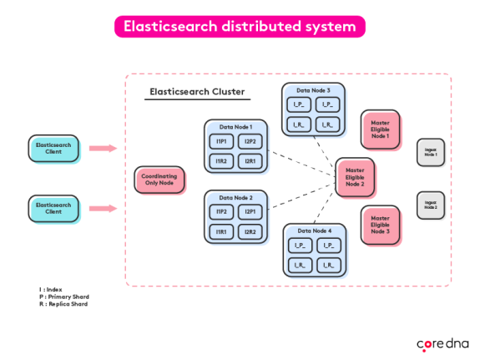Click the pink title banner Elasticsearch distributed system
[x=239, y=27]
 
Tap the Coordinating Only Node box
[x=159, y=180]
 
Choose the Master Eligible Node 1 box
[x=380, y=129]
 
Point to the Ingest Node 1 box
[x=430, y=152]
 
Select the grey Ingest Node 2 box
[x=430, y=205]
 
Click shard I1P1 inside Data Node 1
[x=221, y=142]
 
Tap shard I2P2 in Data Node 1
[x=250, y=142]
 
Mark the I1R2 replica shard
[x=221, y=160]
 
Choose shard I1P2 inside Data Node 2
[x=221, y=212]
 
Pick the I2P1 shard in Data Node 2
[x=250, y=212]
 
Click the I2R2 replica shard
[x=250, y=231]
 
